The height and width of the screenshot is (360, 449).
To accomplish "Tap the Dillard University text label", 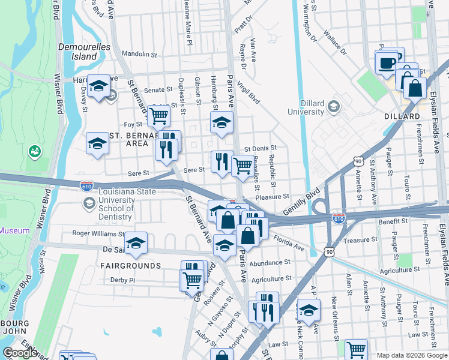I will pos(306,107).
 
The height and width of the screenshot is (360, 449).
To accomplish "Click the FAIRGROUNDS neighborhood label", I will pos(130,265).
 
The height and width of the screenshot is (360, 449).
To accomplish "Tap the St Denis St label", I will pos(259,148).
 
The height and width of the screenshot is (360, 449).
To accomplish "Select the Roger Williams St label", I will pos(98,234).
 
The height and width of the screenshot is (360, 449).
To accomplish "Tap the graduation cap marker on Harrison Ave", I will pos(98,87).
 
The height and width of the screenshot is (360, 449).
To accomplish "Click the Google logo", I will pos(20,353).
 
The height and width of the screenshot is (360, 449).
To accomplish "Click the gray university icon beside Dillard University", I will pos(334,107).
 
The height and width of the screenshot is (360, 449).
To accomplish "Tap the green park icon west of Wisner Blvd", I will pos(34,151).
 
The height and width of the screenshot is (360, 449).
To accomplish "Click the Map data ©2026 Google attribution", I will pos(412,355).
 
